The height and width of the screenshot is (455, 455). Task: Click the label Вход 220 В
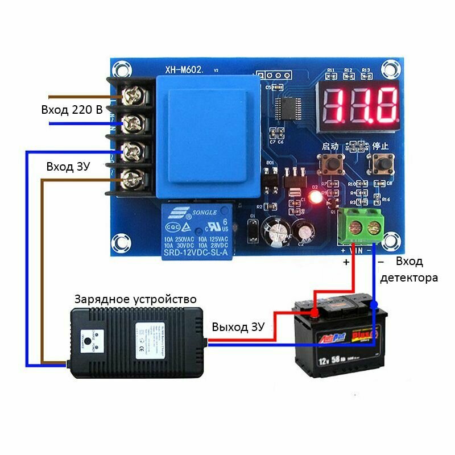click(72, 110)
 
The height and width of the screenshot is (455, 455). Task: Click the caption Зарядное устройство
click(135, 299)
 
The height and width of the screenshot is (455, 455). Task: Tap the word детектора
click(409, 278)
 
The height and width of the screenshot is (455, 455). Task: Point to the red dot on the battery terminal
click(314, 312)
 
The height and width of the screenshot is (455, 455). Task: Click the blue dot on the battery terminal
click(374, 305)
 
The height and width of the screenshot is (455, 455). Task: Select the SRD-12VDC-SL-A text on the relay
click(196, 252)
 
